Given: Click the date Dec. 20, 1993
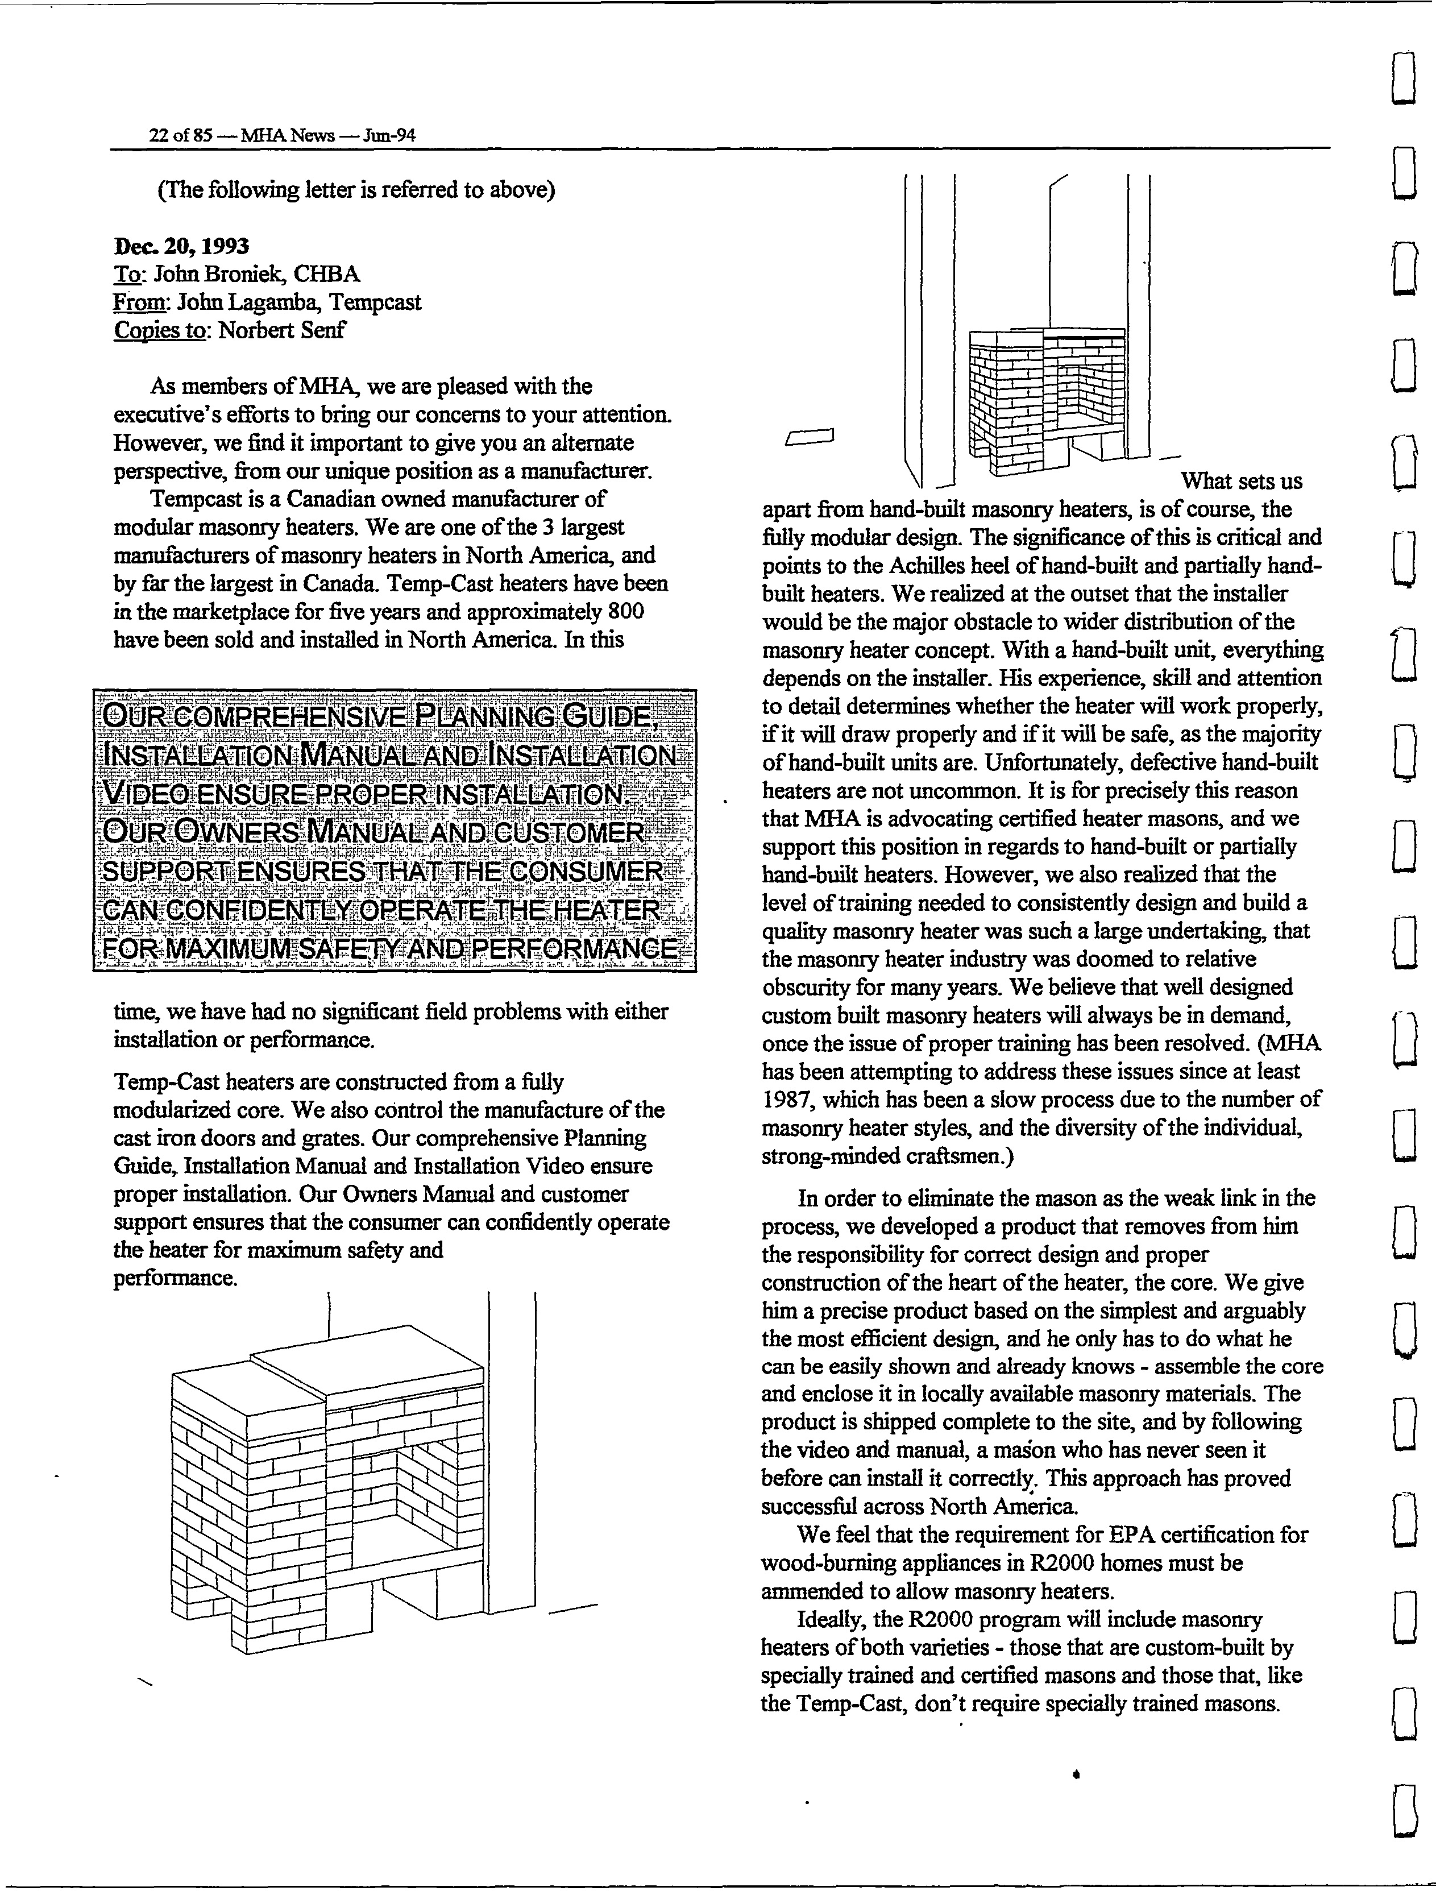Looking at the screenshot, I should [x=181, y=246].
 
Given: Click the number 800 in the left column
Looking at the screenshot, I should [x=625, y=612].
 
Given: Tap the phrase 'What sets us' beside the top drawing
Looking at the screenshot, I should [x=1241, y=482].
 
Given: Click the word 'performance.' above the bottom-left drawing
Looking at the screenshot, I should [x=175, y=1278].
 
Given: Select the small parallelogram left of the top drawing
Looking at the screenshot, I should [x=808, y=438].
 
